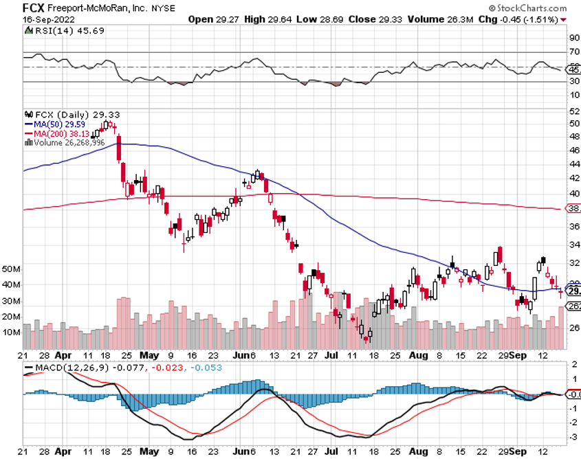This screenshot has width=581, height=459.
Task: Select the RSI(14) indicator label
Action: coord(45,39)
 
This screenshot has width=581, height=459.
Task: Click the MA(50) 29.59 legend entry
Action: coord(57,124)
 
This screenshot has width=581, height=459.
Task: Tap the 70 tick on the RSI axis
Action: coord(573,52)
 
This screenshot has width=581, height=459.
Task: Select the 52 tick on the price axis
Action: coord(573,111)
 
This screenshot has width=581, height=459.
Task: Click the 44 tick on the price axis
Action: coord(573,164)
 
